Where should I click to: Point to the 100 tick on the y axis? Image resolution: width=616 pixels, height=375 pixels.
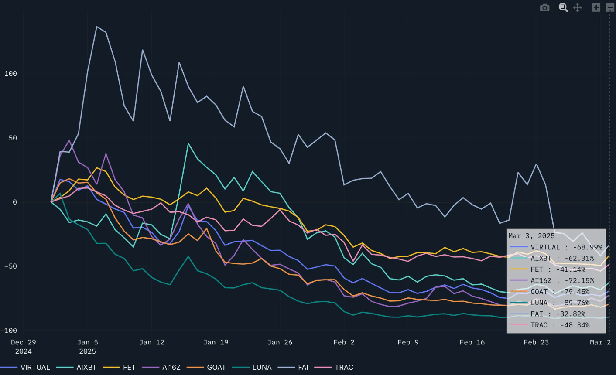[10, 74]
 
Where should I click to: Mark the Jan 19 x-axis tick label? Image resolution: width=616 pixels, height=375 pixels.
[216, 342]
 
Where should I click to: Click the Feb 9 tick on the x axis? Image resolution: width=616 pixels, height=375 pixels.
[408, 342]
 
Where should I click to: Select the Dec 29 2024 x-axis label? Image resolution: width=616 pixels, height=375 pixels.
[24, 347]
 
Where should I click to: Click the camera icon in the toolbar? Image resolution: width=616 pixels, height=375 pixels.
[544, 7]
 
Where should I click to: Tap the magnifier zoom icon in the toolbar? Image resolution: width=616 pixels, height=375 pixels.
[563, 7]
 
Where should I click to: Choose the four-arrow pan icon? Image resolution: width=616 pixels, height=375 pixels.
[578, 7]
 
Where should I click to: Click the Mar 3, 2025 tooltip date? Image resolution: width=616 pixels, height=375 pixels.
[531, 236]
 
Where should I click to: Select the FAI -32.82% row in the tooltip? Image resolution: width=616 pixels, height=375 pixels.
[556, 314]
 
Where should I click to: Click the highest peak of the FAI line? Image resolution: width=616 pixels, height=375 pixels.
[96, 27]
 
